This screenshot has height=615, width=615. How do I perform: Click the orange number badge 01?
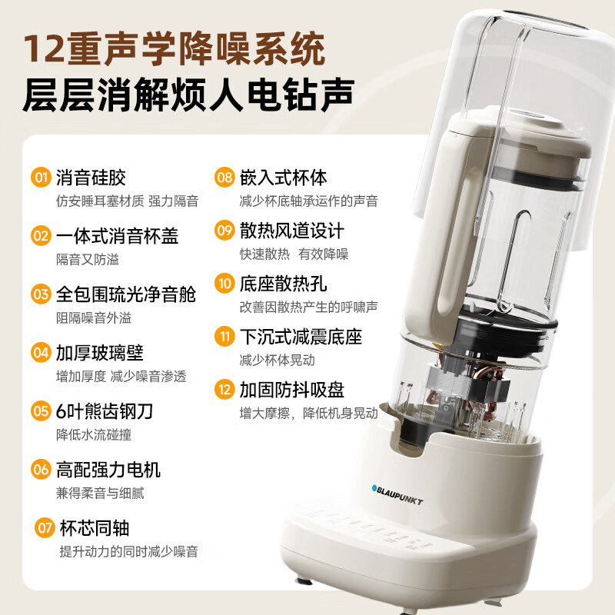41,178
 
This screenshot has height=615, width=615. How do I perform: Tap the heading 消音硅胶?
91,178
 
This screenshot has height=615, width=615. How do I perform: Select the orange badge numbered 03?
41,294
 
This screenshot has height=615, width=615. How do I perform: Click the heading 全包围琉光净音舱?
125,294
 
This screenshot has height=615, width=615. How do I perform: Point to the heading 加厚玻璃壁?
99,352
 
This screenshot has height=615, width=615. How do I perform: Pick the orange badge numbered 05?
41,411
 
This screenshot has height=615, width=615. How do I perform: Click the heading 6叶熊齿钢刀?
105,411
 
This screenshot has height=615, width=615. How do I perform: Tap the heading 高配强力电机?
108,469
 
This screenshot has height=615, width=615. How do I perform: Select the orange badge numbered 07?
45,527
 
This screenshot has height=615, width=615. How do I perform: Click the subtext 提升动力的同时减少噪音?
129,551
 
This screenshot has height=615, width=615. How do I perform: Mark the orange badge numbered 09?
224,230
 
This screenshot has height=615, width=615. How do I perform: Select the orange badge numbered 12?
224,389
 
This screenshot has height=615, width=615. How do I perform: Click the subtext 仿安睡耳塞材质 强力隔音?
127,201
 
